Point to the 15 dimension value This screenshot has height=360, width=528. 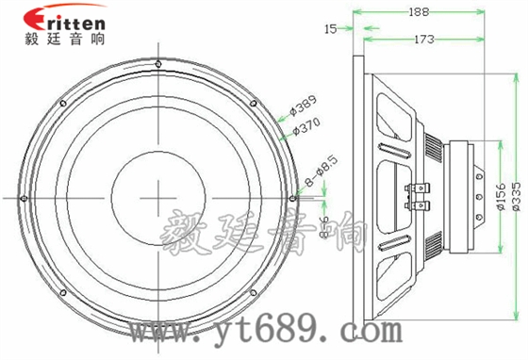[330, 29]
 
